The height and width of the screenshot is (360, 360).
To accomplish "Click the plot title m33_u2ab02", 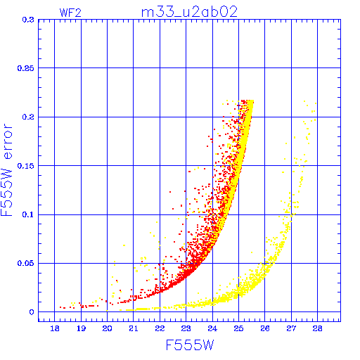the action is click(189, 12).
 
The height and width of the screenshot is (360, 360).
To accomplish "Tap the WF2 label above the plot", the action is click(70, 13).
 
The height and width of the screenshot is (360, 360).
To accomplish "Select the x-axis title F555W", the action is click(190, 345).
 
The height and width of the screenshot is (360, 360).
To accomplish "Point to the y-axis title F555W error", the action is click(6, 169).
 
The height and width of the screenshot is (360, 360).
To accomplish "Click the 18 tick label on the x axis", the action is click(55, 328).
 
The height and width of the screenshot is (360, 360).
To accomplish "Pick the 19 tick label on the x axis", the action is click(81, 328).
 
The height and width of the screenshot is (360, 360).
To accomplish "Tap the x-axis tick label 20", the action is click(107, 328).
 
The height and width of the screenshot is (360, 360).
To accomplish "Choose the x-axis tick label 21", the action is click(134, 328).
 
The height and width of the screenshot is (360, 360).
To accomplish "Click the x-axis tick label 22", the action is click(160, 328).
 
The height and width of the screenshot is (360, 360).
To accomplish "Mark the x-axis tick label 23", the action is click(186, 328).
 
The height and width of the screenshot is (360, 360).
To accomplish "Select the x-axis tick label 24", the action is click(212, 328).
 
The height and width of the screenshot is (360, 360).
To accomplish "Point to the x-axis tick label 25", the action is click(238, 328).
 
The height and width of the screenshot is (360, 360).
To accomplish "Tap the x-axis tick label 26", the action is click(265, 328).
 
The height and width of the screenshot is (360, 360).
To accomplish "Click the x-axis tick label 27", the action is click(291, 328).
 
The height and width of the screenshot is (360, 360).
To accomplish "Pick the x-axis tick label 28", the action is click(317, 328).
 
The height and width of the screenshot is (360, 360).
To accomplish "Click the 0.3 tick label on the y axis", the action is click(28, 20).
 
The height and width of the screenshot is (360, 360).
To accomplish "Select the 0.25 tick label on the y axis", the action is click(26, 68).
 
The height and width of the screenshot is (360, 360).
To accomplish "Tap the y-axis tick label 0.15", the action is click(26, 166).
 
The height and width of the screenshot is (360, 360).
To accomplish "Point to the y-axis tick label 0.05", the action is click(26, 263).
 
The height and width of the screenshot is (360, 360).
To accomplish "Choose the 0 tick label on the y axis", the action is click(32, 312).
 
